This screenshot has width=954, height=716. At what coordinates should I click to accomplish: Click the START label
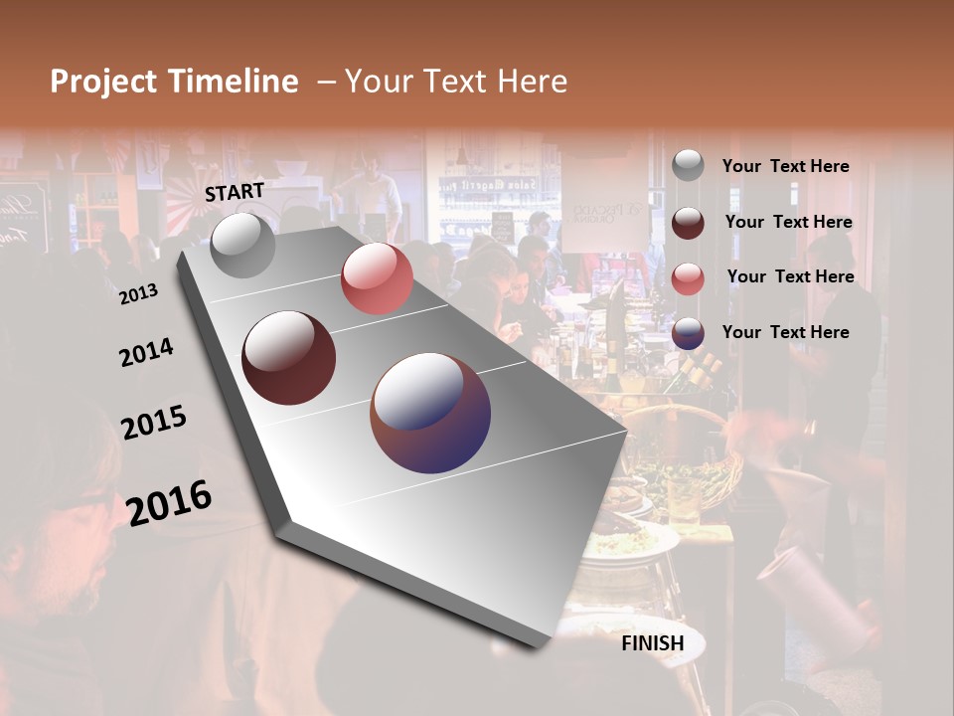(x=235, y=192)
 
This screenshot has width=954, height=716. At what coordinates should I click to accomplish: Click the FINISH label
(x=653, y=643)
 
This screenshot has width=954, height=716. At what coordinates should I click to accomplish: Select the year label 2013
(x=139, y=294)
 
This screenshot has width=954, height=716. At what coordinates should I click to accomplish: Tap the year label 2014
(x=146, y=353)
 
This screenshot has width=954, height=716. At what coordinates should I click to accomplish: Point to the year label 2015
(x=154, y=423)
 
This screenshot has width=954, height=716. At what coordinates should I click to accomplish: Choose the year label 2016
(x=169, y=503)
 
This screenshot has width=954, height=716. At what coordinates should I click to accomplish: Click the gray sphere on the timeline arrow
(x=243, y=245)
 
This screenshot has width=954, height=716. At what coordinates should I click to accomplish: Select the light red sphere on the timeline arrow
(x=377, y=278)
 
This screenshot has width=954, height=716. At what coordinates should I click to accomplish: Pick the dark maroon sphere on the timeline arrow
(x=289, y=358)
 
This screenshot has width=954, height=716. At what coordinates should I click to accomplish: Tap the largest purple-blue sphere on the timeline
(x=430, y=413)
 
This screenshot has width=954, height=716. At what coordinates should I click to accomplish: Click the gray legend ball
(x=688, y=166)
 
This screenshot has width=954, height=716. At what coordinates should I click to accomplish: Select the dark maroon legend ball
(x=688, y=223)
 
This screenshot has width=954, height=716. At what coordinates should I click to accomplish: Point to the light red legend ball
(x=688, y=278)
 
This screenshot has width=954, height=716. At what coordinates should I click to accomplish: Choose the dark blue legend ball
(x=688, y=334)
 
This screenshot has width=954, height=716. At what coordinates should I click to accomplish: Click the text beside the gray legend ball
(x=785, y=166)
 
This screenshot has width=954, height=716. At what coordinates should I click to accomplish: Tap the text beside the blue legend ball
(x=785, y=332)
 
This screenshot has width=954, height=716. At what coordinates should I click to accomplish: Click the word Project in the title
(x=105, y=82)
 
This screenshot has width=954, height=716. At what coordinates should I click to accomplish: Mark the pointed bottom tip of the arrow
(x=542, y=646)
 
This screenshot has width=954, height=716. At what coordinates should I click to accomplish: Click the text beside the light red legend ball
(x=790, y=276)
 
